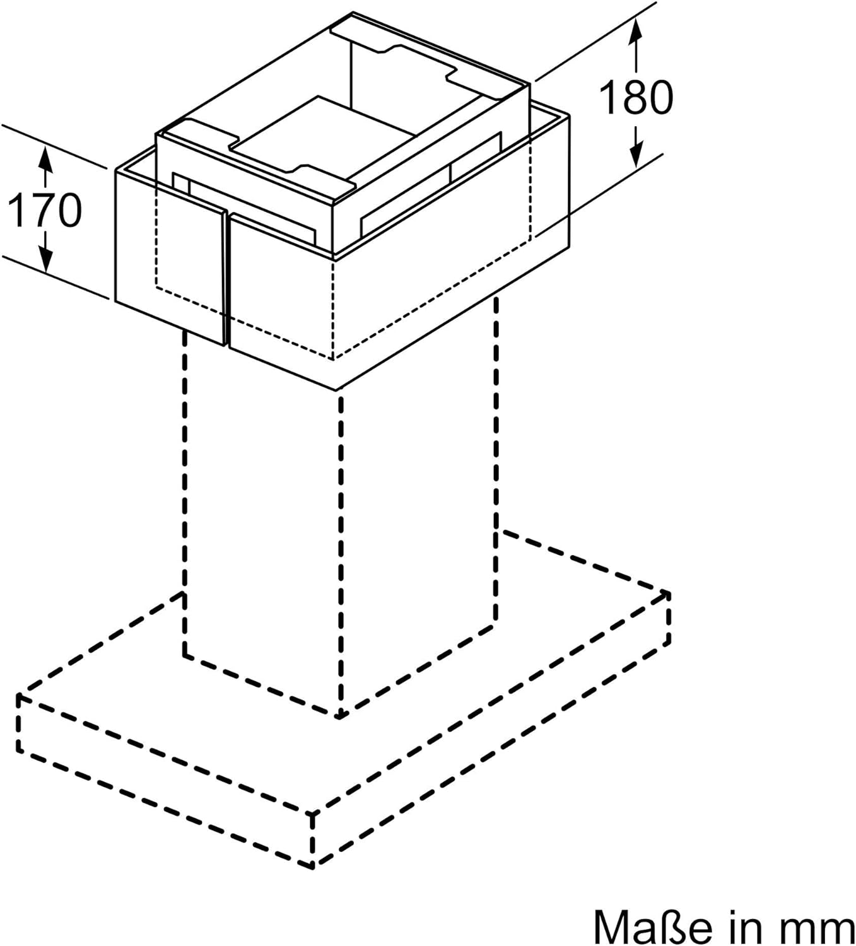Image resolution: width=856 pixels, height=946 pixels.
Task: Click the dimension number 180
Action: coord(636,98)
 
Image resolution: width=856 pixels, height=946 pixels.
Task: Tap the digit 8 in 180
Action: coord(636,98)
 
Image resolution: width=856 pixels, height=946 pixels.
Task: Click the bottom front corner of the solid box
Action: coord(336,390)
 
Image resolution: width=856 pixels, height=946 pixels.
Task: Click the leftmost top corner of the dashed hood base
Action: coord(19,696)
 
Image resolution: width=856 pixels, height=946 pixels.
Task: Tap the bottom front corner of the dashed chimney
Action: coord(340,717)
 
